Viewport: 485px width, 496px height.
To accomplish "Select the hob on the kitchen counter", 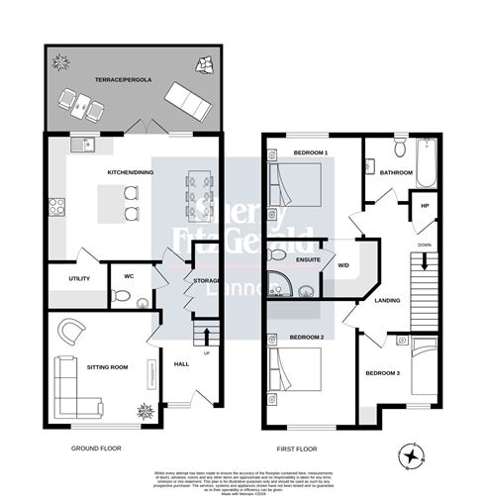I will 57,209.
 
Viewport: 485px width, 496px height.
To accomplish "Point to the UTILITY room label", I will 79,279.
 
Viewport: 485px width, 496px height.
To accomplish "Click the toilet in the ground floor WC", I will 118,293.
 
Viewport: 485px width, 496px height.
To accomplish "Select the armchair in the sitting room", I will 72,330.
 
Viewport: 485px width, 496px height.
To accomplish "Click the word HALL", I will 181,364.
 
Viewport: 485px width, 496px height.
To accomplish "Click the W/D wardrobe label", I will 343,264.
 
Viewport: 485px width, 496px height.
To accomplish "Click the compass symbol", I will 413,456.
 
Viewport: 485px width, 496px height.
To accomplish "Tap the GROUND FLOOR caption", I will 95,448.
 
